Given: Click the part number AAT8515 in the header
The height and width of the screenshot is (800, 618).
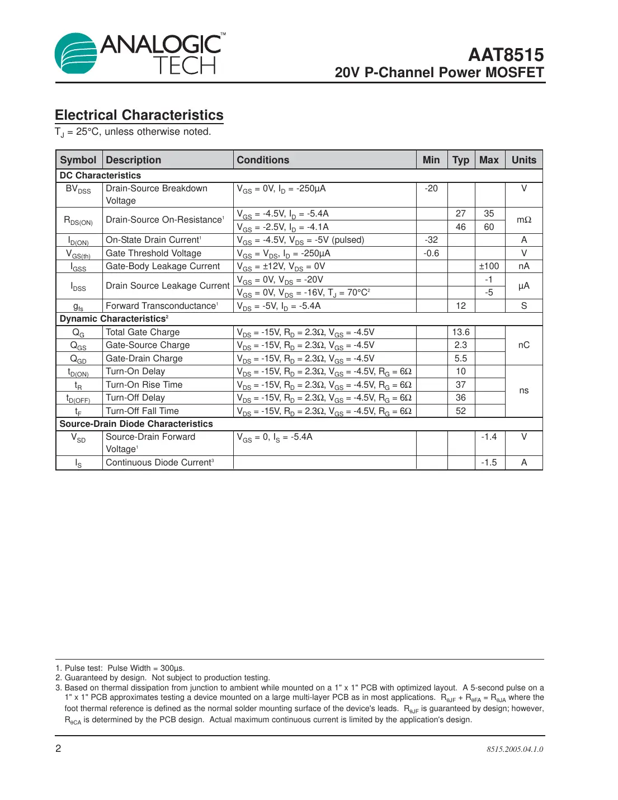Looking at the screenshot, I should pos(506,55).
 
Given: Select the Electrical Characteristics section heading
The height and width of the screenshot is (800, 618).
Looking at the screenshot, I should pos(139,115).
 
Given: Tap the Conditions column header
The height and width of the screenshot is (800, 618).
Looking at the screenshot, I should pos(263,160).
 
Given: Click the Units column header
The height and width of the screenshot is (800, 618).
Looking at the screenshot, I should pos(523,160).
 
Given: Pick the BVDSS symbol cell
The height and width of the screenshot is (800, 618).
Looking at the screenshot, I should pos(78,189).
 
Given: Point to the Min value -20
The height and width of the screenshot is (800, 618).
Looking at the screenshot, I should pos(431,189).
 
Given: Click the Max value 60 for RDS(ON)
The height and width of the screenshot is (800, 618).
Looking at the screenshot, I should pos(489,227).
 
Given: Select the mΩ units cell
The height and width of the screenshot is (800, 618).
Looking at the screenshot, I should pos(523,220).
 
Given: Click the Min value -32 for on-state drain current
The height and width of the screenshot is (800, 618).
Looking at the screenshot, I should pos(431,240).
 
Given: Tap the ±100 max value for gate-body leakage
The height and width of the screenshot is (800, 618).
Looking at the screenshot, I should pos(489,266).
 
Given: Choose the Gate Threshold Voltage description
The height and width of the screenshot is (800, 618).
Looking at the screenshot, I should pos(153,253).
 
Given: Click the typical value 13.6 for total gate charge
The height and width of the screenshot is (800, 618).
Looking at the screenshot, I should pos(461,332).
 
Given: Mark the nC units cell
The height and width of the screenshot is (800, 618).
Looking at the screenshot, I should pos(523,345).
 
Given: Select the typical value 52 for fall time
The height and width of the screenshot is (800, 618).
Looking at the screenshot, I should pos(461,411).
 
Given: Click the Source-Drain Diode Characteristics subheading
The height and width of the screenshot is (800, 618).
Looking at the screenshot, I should pos(136,424).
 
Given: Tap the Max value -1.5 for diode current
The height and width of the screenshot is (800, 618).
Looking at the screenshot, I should pos(489,463).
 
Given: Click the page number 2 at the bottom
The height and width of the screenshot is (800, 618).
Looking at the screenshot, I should pos(58,749).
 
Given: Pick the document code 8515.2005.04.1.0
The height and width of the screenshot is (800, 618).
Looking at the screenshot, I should pos(515,749).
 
